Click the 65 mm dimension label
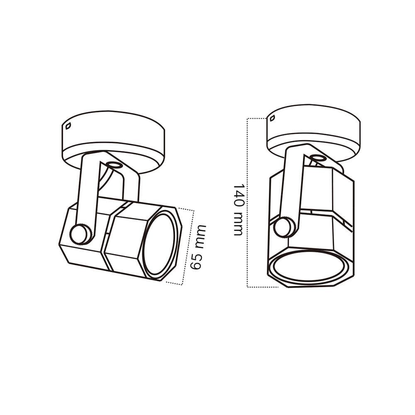click(198, 247)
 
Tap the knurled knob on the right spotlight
click(284, 227)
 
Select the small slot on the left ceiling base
click(68, 126)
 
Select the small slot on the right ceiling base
click(272, 118)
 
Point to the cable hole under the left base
click(115, 165)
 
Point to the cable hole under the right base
click(318, 158)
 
